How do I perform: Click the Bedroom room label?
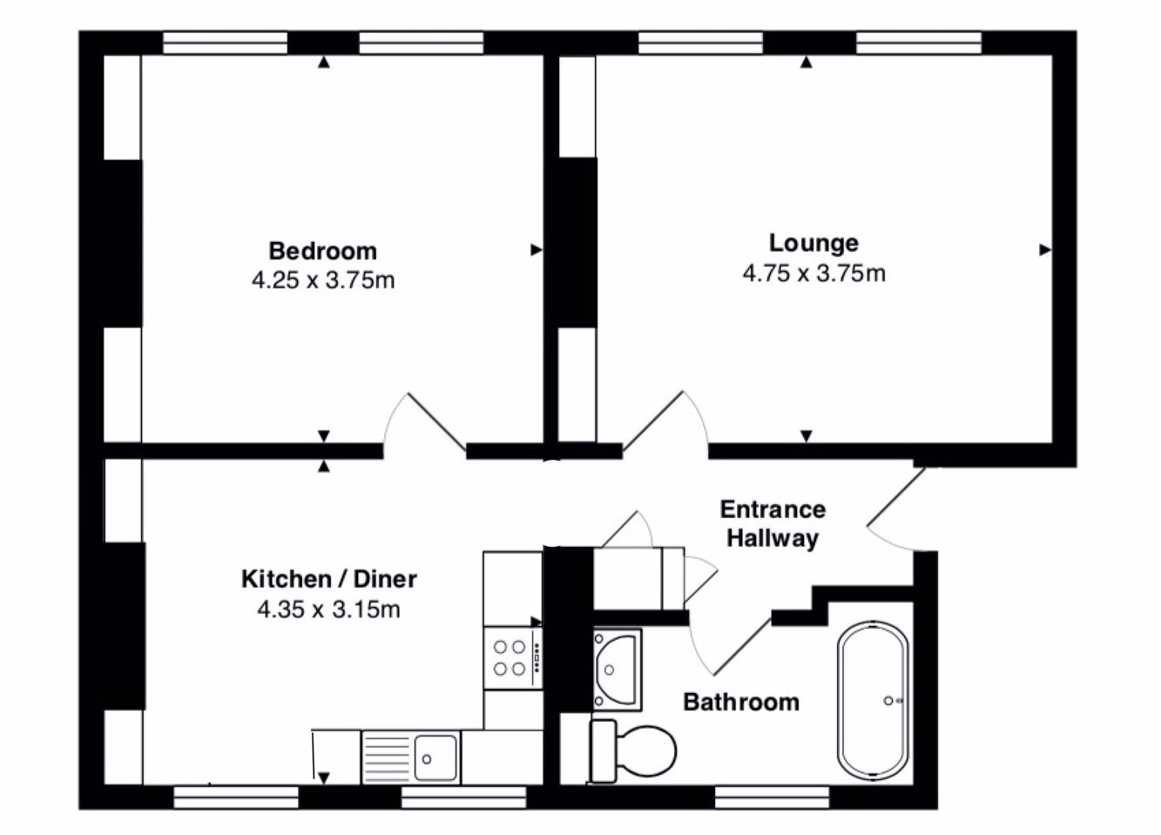pos(322,252)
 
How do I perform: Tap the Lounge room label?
pos(813,244)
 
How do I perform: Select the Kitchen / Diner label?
pos(329,579)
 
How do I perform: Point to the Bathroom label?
pos(741,703)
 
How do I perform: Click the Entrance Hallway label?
pos(773,523)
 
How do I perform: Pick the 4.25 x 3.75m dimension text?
pos(323,280)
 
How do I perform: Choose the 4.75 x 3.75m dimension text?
pos(813,273)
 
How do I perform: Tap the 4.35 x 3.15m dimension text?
pos(328,609)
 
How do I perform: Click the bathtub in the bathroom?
pos(874,700)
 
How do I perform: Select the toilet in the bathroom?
pos(633,751)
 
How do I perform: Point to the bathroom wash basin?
pos(617,670)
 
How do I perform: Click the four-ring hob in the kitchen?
pos(513,658)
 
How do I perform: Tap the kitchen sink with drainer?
pos(410,757)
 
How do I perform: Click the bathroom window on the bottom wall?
pos(772,798)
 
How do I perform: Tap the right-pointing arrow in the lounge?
pos(1045,250)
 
